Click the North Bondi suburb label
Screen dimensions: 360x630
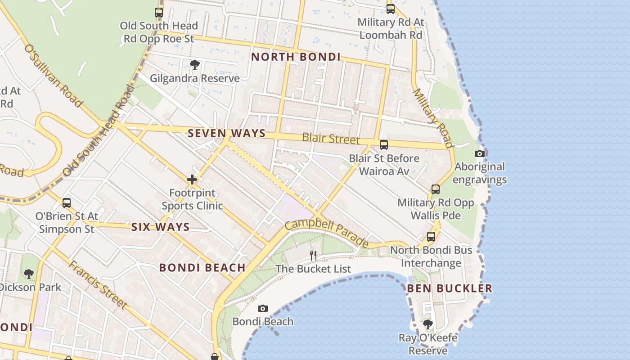tap(296, 57)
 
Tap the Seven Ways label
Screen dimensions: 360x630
tap(226, 133)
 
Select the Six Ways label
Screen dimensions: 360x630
tap(160, 227)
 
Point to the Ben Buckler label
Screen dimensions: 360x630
tap(450, 288)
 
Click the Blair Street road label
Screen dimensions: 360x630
tap(331, 138)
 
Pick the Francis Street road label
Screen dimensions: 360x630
tap(98, 284)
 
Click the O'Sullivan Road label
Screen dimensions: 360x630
tap(53, 76)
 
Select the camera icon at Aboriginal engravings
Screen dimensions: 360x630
tap(480, 153)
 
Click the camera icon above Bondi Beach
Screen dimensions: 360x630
tap(263, 308)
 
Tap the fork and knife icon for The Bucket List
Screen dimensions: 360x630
tap(313, 256)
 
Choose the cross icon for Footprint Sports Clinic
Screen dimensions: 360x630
tap(192, 180)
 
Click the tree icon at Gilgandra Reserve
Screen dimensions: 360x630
tap(194, 65)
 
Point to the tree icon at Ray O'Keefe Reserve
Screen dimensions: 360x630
tap(428, 324)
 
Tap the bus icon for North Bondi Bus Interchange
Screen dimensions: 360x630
tap(431, 237)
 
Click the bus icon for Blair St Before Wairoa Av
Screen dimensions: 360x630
tap(384, 145)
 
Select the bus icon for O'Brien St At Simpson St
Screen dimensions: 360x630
tap(67, 203)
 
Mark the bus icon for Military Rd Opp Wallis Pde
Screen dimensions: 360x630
tap(435, 189)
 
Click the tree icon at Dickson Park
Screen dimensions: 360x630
tap(29, 274)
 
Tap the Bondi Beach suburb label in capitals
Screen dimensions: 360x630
tap(202, 268)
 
